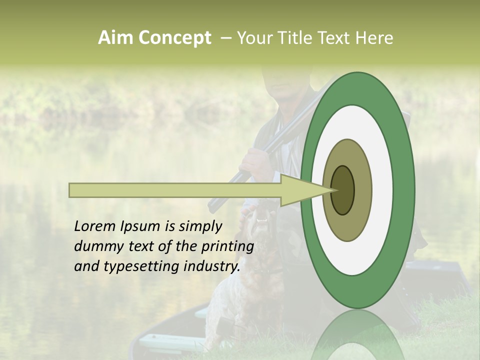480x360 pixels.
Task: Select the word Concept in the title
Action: coord(174,38)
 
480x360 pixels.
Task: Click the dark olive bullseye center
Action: coord(343,190)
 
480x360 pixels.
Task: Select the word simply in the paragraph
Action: coord(200,226)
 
